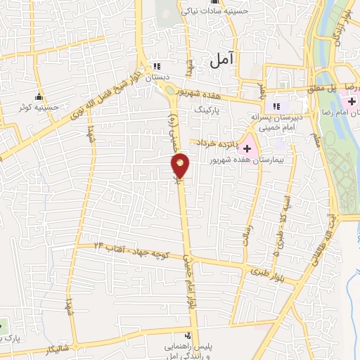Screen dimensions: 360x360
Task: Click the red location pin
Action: click(x=181, y=165)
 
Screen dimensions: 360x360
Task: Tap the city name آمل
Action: click(x=224, y=61)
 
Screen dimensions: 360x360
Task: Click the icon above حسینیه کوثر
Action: click(x=39, y=97)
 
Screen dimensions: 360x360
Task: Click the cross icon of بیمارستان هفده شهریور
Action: click(x=247, y=148)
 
